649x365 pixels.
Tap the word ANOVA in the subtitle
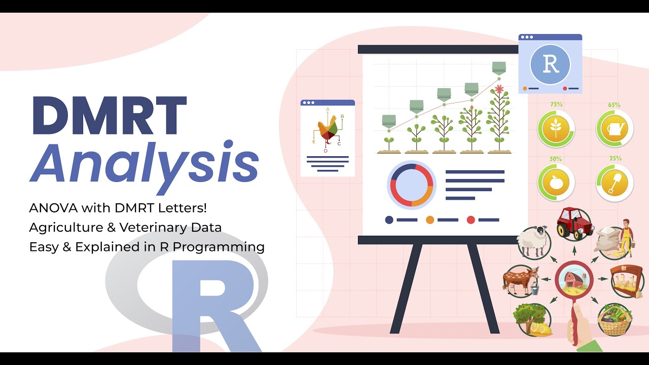click(51, 208)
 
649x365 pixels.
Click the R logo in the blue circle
click(550, 64)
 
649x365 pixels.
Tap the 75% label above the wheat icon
click(556, 104)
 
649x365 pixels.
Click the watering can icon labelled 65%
click(614, 130)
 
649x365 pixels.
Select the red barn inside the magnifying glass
click(574, 281)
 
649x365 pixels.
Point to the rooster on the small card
click(328, 129)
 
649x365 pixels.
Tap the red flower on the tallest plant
click(499, 89)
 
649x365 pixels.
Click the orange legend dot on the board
click(430, 220)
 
